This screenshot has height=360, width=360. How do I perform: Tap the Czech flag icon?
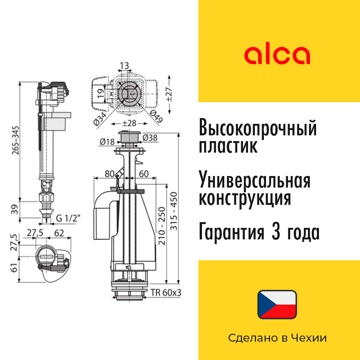277,305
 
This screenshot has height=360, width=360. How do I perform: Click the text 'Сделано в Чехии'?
277,338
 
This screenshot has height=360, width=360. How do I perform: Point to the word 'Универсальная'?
255,181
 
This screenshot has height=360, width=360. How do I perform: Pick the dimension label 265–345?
15,140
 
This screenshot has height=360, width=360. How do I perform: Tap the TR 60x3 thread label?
166,293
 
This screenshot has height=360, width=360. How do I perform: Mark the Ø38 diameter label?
149,138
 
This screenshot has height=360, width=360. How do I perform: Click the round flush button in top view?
129,92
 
